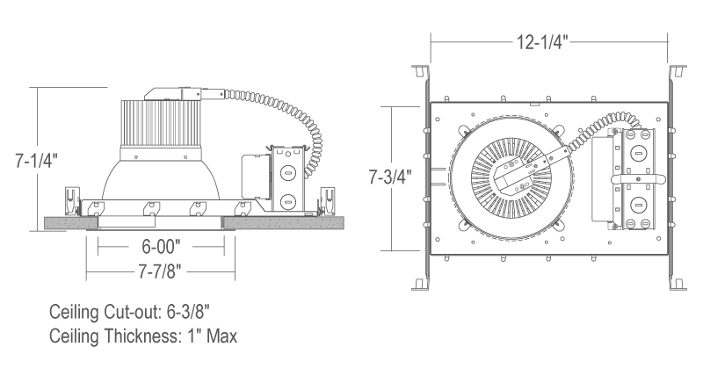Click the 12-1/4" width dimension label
tap(542, 42)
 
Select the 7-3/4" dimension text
tap(389, 177)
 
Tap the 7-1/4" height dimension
tap(36, 161)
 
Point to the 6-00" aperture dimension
tap(161, 247)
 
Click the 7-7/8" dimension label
tap(160, 271)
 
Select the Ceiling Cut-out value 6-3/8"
tap(188, 312)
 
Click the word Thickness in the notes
tap(141, 336)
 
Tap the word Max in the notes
tap(221, 336)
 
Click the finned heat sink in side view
tap(160, 124)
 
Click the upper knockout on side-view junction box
tap(287, 172)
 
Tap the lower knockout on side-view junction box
tap(287, 201)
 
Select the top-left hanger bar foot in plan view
tap(420, 71)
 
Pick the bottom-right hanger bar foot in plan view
tap(678, 284)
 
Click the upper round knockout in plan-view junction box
tap(638, 154)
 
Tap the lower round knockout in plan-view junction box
tap(638, 205)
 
